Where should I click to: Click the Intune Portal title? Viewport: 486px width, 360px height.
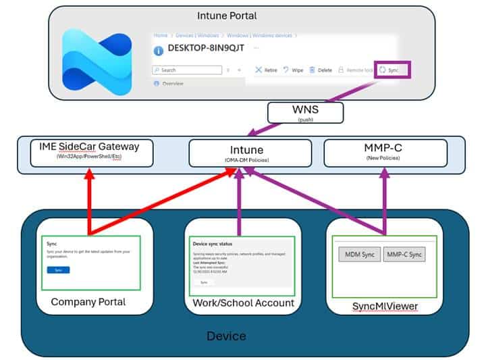pyautogui.click(x=227, y=16)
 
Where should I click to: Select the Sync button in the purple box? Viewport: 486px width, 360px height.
pyautogui.click(x=392, y=70)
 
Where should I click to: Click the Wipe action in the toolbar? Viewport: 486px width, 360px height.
pyautogui.click(x=294, y=70)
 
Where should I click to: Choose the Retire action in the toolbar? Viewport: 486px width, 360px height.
pyautogui.click(x=266, y=70)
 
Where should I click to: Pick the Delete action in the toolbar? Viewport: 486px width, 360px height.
pyautogui.click(x=321, y=70)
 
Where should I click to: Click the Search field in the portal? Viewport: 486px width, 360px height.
pyautogui.click(x=188, y=70)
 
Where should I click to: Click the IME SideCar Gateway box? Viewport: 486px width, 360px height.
pyautogui.click(x=92, y=151)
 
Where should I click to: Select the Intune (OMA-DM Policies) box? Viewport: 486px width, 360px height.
pyautogui.click(x=250, y=152)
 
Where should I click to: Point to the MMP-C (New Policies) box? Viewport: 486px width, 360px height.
pyautogui.click(x=385, y=152)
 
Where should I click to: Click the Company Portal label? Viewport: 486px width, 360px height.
pyautogui.click(x=88, y=302)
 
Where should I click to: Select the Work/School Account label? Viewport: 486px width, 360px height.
pyautogui.click(x=244, y=303)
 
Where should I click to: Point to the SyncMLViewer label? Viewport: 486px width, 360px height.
pyautogui.click(x=385, y=306)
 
